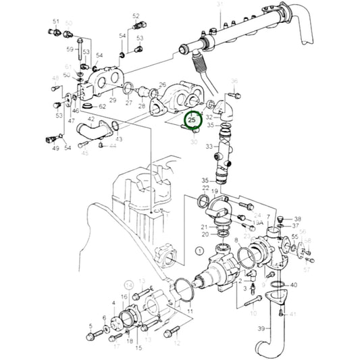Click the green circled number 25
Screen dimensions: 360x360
tap(193, 120)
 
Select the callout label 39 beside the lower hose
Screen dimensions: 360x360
tap(261, 328)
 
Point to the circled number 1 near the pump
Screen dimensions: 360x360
tap(199, 251)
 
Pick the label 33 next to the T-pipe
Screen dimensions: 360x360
tap(209, 147)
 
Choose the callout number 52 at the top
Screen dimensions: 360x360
tap(136, 16)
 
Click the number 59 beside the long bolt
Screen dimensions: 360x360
tap(70, 49)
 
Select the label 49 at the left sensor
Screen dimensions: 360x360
tap(55, 148)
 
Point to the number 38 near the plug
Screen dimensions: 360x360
tap(298, 219)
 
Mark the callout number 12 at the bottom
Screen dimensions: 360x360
tap(178, 343)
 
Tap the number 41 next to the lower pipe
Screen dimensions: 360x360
tap(292, 314)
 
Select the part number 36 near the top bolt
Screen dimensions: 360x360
tap(234, 81)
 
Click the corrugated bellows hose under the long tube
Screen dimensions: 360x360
tap(200, 66)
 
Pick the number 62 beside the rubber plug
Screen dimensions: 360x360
tap(102, 107)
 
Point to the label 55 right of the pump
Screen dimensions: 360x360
tap(294, 238)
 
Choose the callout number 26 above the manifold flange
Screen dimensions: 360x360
tap(163, 84)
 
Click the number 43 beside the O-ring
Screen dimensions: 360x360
tap(119, 139)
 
